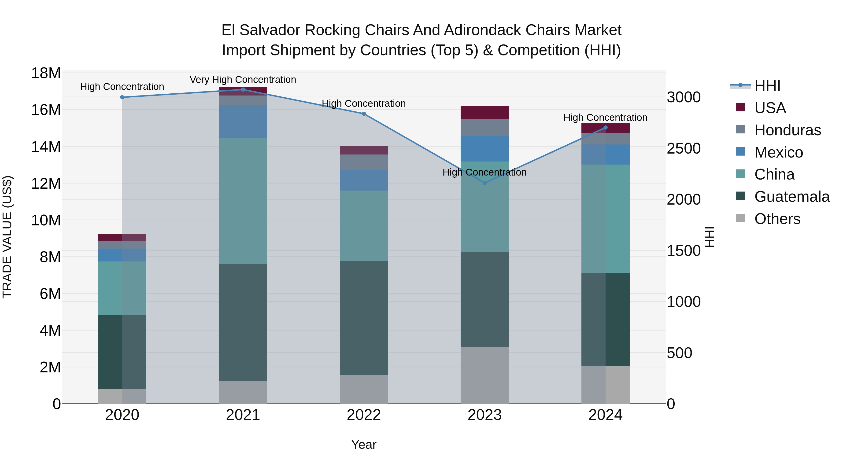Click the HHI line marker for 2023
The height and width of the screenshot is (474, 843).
(x=485, y=183)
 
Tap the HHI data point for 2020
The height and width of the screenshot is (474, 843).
(x=122, y=97)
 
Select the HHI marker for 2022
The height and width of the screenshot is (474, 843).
(x=364, y=114)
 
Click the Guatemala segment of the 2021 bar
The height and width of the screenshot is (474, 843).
(x=243, y=322)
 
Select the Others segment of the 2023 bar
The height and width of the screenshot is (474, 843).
(x=485, y=375)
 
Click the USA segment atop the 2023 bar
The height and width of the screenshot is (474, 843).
(x=485, y=112)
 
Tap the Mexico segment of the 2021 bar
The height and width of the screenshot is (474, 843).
(x=243, y=122)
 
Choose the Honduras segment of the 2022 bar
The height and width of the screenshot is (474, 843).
(x=364, y=162)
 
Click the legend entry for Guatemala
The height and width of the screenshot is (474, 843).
(x=792, y=197)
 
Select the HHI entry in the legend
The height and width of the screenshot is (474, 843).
(x=767, y=86)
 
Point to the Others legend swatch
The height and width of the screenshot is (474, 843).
(x=740, y=218)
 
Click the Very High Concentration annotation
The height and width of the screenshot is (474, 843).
(x=243, y=80)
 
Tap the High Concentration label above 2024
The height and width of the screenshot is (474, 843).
(x=605, y=118)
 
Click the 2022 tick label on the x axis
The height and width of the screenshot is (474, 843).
(x=364, y=415)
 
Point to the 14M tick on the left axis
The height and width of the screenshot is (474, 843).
(x=46, y=147)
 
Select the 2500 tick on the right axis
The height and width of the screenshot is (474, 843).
(x=684, y=148)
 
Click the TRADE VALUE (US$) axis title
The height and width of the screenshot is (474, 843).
(x=7, y=237)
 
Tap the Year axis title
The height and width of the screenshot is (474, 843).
(x=364, y=445)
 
